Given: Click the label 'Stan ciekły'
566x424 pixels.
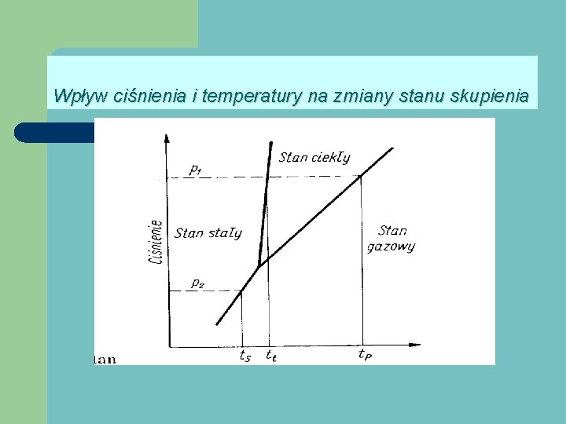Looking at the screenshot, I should click(x=314, y=158).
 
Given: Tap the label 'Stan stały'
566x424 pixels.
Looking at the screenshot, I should click(x=208, y=232).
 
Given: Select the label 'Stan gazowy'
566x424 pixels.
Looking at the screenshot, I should click(x=391, y=239).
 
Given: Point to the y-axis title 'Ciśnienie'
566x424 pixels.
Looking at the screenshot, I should click(x=156, y=240).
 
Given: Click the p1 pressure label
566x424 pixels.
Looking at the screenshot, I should click(x=196, y=168).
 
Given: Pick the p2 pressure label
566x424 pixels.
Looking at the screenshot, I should click(x=197, y=283).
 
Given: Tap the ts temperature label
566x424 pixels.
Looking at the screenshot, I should click(x=245, y=355).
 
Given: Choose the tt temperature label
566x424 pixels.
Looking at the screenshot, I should click(x=270, y=355).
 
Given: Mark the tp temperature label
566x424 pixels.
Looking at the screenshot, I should click(x=365, y=355).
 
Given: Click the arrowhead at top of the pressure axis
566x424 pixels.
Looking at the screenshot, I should click(x=167, y=139).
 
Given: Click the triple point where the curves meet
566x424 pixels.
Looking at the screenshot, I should click(x=259, y=265).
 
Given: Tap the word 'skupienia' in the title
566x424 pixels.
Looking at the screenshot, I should click(x=494, y=97).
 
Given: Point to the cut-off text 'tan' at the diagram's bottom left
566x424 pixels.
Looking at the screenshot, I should click(x=105, y=360).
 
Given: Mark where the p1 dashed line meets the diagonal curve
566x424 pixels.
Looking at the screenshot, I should click(x=361, y=177).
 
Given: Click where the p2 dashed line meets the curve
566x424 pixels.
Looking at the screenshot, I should click(x=241, y=291).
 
